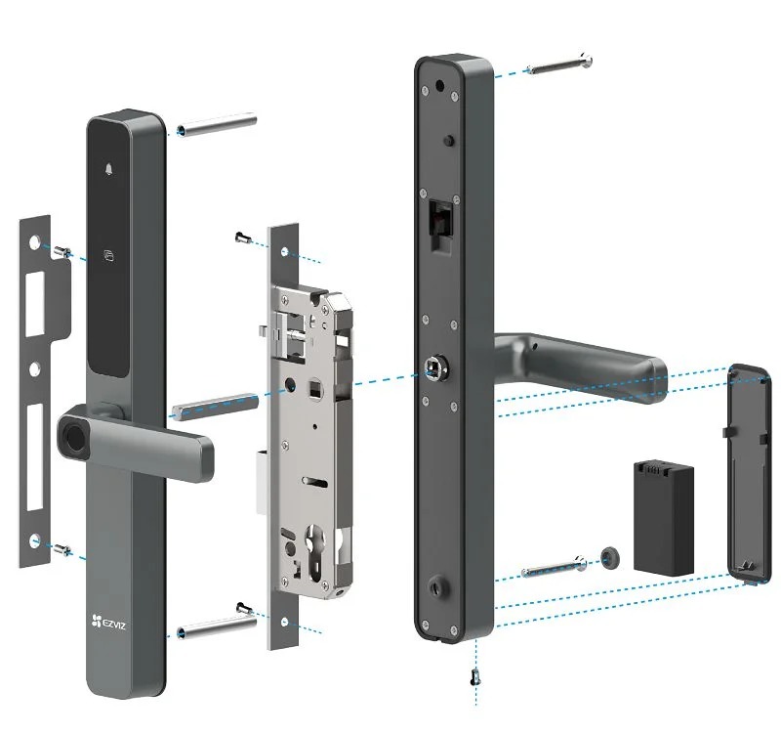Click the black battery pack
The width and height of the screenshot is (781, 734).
pyautogui.click(x=664, y=516)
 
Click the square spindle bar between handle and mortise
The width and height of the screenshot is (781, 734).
pyautogui.click(x=213, y=403)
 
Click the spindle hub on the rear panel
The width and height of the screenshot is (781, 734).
pyautogui.click(x=433, y=369)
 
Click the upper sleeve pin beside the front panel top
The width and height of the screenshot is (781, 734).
pyautogui.click(x=217, y=126)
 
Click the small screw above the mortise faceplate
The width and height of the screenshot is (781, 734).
pyautogui.click(x=243, y=236)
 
